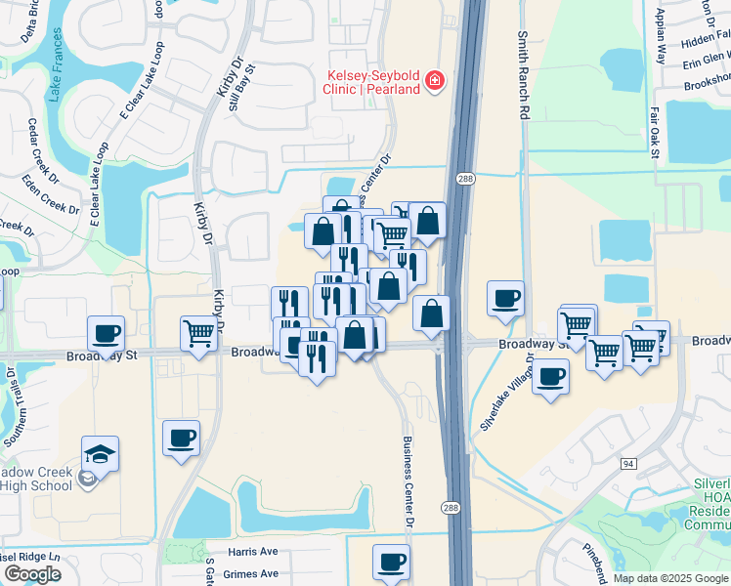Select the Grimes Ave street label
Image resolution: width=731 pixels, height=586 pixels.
coord(251,574)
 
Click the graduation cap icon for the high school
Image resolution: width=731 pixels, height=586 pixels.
coord(100,452)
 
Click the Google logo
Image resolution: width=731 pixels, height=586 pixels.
coord(32,574)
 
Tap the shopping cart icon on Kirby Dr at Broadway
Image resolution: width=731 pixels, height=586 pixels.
coord(198,333)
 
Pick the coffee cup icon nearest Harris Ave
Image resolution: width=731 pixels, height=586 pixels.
coord(391,562)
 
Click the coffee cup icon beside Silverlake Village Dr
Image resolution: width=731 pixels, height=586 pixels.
coord(551,376)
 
